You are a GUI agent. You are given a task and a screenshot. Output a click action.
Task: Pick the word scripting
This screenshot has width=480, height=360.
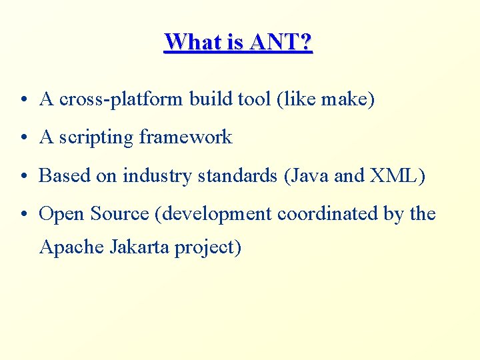click(96, 138)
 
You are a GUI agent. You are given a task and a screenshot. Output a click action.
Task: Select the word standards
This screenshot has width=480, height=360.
click(234, 176)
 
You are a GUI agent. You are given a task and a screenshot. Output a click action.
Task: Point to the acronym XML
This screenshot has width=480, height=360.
click(396, 176)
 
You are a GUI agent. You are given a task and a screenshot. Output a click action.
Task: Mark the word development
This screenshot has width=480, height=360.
click(215, 215)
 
